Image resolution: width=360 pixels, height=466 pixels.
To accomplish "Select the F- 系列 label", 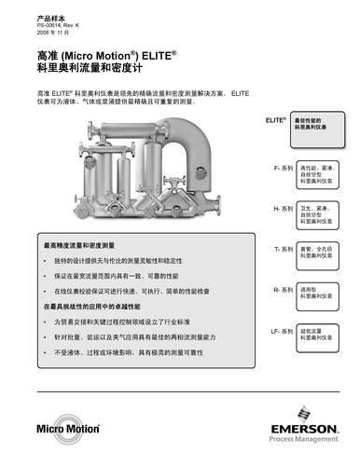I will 282,169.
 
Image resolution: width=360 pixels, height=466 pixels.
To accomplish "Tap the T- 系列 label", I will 282,249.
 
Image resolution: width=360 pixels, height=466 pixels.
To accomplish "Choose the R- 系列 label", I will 282,290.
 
